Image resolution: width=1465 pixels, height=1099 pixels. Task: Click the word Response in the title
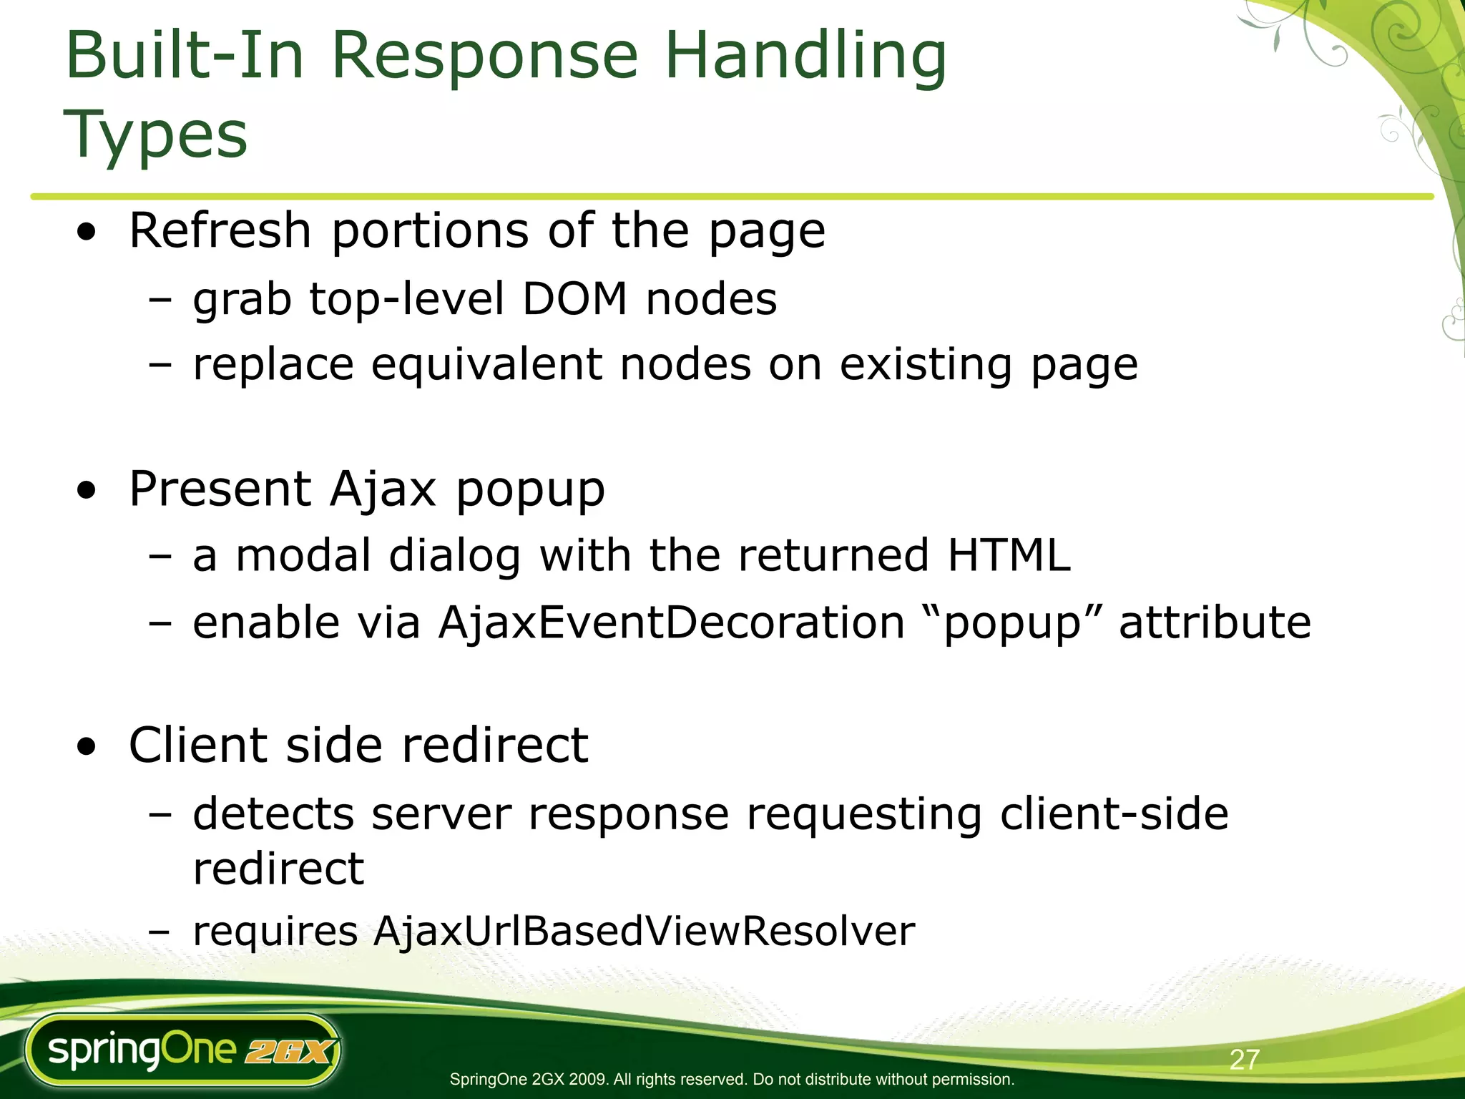pyautogui.click(x=484, y=57)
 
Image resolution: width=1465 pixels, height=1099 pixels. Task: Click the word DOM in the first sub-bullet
pyautogui.click(x=574, y=299)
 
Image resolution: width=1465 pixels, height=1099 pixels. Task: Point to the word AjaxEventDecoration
pyautogui.click(x=672, y=622)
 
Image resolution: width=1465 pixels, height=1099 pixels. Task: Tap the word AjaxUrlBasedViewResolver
pyautogui.click(x=644, y=932)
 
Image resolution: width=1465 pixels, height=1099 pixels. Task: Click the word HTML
pyautogui.click(x=1009, y=555)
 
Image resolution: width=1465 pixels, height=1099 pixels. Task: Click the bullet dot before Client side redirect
pyautogui.click(x=87, y=747)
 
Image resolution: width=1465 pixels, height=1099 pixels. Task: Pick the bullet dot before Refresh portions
pyautogui.click(x=87, y=233)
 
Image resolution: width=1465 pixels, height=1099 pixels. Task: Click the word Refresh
pyautogui.click(x=220, y=231)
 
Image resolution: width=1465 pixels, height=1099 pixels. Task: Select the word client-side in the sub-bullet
pyautogui.click(x=1114, y=814)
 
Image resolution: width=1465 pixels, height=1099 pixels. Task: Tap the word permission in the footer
pyautogui.click(x=976, y=1079)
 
